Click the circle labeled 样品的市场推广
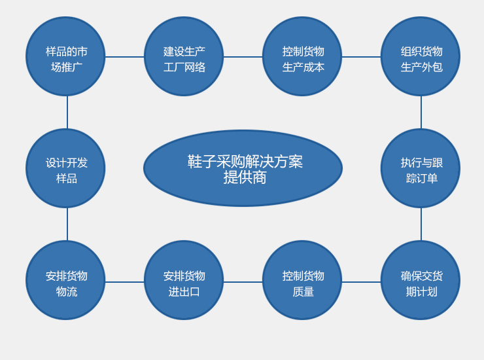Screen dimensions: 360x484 (65, 56)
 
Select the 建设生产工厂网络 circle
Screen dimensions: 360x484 (184, 56)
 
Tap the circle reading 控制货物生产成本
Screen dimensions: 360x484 (302, 56)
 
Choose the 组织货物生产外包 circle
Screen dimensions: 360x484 (421, 56)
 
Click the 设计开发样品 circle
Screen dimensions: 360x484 (65, 168)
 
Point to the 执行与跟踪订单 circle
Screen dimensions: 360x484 (421, 168)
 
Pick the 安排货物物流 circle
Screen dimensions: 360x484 (65, 280)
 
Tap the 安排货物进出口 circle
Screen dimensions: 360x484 (184, 280)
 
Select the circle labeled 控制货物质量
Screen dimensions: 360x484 (302, 280)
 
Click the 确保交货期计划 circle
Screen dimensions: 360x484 (421, 280)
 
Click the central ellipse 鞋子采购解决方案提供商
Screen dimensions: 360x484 (243, 168)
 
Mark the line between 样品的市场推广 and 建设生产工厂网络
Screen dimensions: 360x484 (124, 57)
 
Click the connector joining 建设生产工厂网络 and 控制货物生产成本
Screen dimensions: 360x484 (243, 57)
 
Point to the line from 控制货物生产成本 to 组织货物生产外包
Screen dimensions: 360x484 (361, 57)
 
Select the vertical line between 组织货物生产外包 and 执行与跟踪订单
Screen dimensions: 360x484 (421, 112)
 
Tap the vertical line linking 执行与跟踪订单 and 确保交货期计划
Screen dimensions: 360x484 (421, 224)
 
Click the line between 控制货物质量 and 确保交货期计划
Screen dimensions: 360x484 (361, 282)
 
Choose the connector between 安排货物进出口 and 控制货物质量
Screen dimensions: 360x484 (243, 282)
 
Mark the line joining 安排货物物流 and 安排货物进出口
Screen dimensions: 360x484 (124, 282)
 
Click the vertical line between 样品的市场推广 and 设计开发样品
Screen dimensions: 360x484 (67, 112)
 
